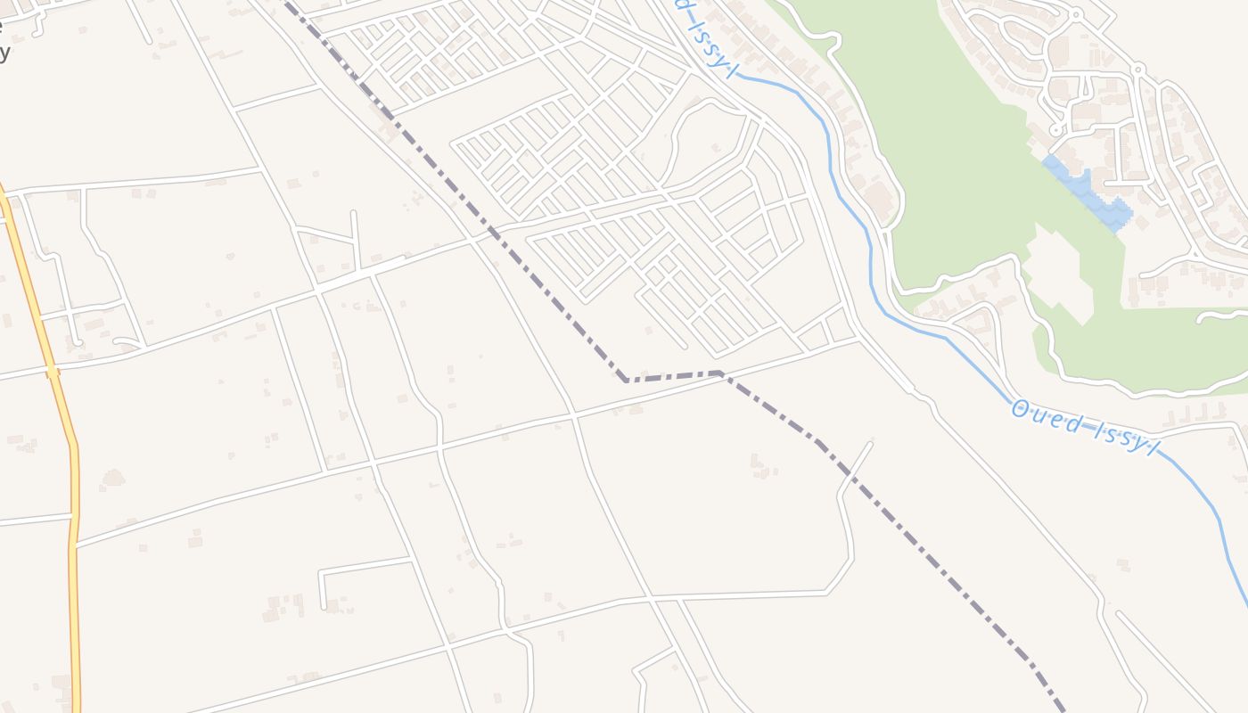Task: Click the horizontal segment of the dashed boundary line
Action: click(673, 376)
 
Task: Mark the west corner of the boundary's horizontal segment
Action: click(626, 381)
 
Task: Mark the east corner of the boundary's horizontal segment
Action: click(718, 373)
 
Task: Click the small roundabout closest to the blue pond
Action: click(1055, 130)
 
